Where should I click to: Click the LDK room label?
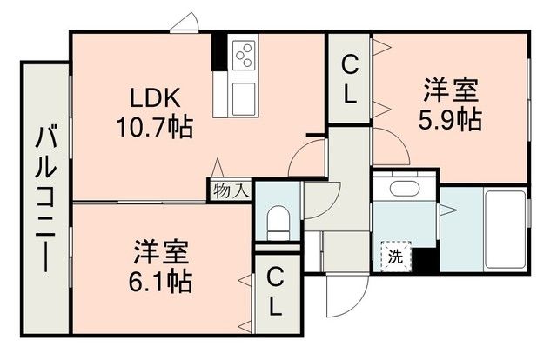(x=155, y=98)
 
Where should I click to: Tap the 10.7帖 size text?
(x=155, y=127)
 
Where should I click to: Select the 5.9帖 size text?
(x=450, y=120)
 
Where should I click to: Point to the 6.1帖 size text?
(x=160, y=281)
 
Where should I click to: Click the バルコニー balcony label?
(x=46, y=200)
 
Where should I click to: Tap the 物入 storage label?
(x=231, y=191)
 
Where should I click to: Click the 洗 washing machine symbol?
(x=396, y=257)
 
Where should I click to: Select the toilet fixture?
(x=278, y=223)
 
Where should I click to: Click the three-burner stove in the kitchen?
(x=244, y=56)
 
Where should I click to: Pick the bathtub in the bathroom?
(x=505, y=230)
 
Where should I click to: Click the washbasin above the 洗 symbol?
(x=404, y=187)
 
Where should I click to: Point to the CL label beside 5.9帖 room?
(x=350, y=81)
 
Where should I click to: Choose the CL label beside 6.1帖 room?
(x=275, y=292)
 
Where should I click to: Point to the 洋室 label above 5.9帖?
(x=451, y=90)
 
